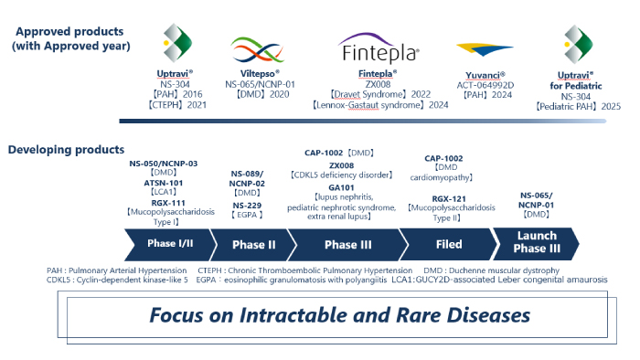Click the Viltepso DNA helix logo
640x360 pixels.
click(257, 49)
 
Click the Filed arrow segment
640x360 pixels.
click(448, 244)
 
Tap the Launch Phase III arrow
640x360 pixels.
click(535, 244)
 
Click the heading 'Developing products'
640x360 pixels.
click(67, 148)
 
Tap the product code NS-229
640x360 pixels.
click(247, 205)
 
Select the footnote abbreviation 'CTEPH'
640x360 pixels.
click(213, 270)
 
